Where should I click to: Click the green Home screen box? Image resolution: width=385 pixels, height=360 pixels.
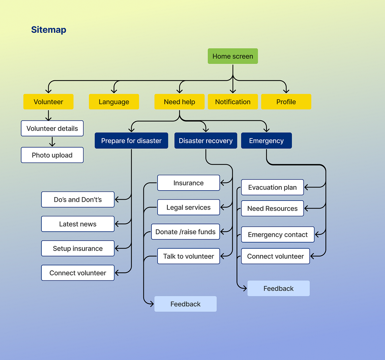[233, 56]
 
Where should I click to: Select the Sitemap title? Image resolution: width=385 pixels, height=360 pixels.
[49, 30]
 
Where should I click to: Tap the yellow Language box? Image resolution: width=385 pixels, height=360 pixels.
[114, 102]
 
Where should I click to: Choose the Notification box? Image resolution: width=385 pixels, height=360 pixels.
[233, 102]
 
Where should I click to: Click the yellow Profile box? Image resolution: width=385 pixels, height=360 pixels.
[286, 102]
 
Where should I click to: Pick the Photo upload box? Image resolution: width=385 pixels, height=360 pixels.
[52, 155]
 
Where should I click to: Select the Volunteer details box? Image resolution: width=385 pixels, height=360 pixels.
[52, 128]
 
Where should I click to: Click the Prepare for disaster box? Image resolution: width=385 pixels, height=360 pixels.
[131, 141]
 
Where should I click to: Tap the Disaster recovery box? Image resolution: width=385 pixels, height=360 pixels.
[206, 141]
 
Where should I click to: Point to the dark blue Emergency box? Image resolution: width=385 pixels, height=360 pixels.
[266, 141]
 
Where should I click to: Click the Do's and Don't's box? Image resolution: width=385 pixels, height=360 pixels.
[78, 200]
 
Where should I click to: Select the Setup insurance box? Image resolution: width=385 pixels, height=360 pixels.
[78, 248]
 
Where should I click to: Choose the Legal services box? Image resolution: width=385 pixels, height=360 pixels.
[188, 207]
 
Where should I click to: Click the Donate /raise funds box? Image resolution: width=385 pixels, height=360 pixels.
[185, 232]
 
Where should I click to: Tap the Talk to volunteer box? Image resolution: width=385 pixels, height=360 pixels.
[188, 256]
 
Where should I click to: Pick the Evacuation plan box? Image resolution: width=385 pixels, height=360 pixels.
[272, 187]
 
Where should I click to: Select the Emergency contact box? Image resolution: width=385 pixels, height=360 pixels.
[278, 235]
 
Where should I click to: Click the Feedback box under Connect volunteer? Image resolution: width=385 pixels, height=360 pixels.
[278, 288]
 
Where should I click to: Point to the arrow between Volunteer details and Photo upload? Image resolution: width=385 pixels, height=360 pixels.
[52, 142]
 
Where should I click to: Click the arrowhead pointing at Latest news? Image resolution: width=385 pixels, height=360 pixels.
[117, 224]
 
